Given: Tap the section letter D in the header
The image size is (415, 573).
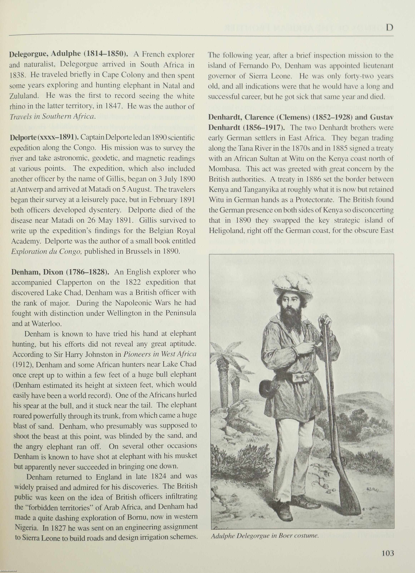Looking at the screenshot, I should [x=390, y=27].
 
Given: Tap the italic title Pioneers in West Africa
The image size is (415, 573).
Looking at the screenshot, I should [x=160, y=354].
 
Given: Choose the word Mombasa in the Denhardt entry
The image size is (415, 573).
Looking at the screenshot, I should [x=225, y=169].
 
